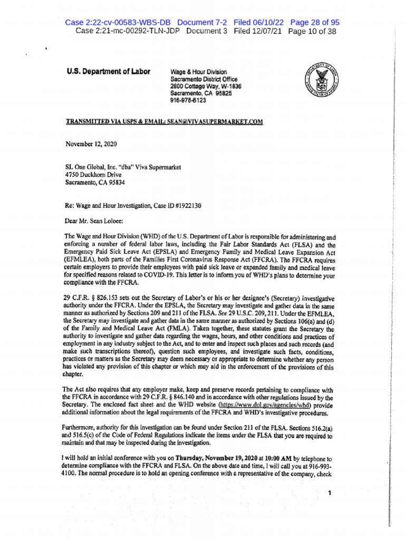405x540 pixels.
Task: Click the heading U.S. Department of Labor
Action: click(x=108, y=72)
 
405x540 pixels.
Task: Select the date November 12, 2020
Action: click(x=91, y=143)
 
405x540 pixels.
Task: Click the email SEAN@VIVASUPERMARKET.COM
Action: click(x=215, y=122)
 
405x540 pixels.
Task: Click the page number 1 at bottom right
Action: click(x=329, y=494)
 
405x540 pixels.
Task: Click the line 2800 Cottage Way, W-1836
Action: click(x=206, y=86)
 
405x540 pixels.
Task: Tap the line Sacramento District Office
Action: click(x=203, y=79)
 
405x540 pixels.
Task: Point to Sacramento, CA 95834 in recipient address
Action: click(x=95, y=182)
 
